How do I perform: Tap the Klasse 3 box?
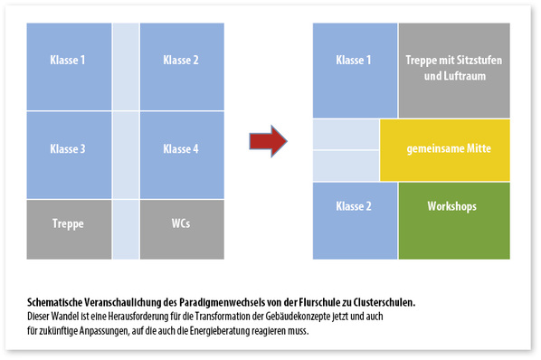coord(69,148)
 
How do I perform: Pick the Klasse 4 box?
coord(181,148)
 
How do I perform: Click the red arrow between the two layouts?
coord(268,140)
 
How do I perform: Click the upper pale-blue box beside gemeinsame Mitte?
coord(346,134)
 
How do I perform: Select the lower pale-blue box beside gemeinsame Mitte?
coord(346,165)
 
